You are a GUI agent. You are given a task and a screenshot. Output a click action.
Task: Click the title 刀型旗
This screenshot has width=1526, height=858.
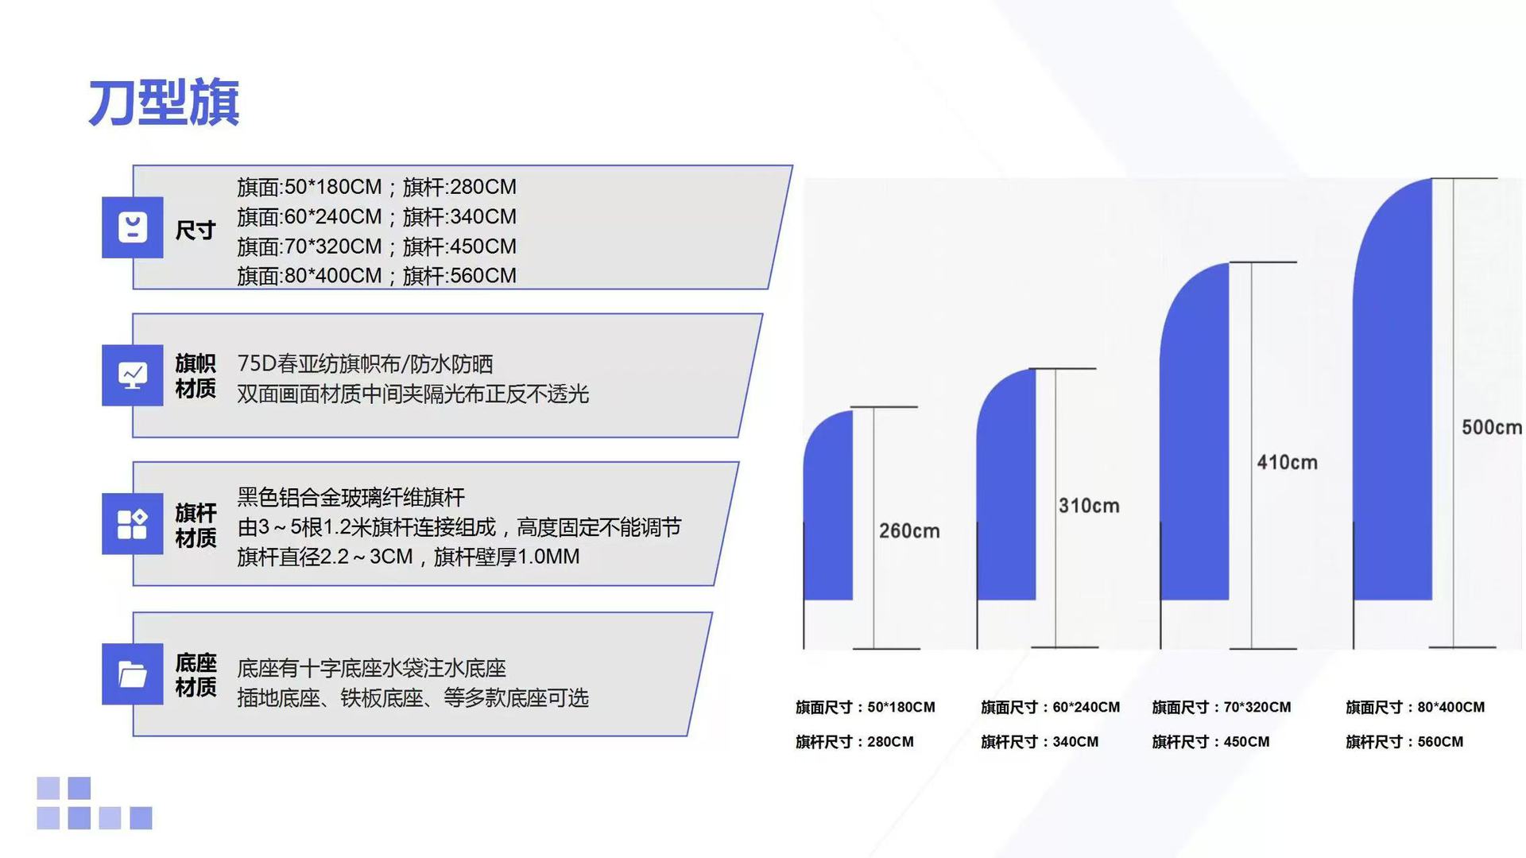(x=164, y=103)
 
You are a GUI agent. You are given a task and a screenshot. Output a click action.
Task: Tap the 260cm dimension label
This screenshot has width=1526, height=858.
(x=909, y=530)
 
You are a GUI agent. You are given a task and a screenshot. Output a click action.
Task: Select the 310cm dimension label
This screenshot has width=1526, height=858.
(x=1089, y=506)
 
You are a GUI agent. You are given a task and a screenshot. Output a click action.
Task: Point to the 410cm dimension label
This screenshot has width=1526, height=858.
(x=1287, y=462)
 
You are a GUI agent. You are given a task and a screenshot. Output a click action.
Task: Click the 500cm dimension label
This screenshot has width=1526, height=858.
(x=1492, y=427)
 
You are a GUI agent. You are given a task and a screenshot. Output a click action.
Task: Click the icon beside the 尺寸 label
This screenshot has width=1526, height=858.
(x=133, y=227)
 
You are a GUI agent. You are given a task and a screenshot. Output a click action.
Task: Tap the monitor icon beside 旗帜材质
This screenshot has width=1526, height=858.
(x=133, y=375)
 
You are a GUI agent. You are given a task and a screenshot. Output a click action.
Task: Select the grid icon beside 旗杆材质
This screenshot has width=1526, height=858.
(x=133, y=524)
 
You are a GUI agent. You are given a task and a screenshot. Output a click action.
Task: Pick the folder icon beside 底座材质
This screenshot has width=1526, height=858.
(x=133, y=674)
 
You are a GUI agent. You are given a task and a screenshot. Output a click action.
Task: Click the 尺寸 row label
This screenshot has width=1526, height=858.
(x=196, y=231)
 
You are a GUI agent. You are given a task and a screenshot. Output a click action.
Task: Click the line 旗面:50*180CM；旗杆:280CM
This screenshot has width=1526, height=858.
(x=377, y=187)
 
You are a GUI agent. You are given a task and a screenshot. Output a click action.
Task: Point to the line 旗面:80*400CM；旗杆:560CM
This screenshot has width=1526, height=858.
(x=377, y=276)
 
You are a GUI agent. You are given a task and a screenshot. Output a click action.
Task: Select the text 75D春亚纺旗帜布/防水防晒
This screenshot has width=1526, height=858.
(x=365, y=364)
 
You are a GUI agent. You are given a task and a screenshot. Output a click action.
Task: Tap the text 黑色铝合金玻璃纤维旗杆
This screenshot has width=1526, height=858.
(x=351, y=498)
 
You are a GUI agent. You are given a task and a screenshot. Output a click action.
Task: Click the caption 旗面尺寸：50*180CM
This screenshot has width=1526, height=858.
(x=866, y=707)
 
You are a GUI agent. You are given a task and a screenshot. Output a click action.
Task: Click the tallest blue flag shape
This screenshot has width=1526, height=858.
(x=1392, y=389)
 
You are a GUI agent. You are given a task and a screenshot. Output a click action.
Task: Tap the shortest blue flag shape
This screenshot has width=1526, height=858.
(x=828, y=505)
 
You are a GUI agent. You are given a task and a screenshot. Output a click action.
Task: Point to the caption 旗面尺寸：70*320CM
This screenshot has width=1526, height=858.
(x=1222, y=707)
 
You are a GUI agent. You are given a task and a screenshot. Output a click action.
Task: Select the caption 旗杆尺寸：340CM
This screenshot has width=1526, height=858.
(x=1040, y=742)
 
